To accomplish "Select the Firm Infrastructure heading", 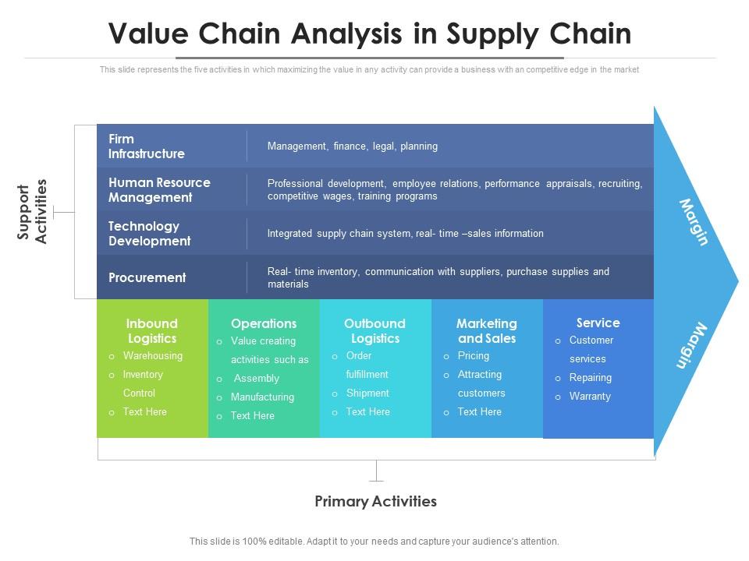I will (x=147, y=146).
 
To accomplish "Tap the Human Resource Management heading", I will (x=159, y=190).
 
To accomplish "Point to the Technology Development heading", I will (x=149, y=234).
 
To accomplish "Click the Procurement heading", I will (x=147, y=277).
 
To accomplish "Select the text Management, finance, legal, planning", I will (x=352, y=146).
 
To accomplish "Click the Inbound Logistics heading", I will (x=152, y=331).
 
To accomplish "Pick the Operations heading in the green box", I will (x=264, y=323).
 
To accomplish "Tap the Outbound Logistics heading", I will (x=374, y=331).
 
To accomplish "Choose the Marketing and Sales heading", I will (x=487, y=331).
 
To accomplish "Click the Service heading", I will (x=598, y=323).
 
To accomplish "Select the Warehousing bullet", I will (x=152, y=356).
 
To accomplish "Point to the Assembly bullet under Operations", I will (x=256, y=379).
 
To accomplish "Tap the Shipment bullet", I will (x=367, y=393).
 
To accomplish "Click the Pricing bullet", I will (x=474, y=356).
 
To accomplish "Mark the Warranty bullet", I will (x=590, y=397).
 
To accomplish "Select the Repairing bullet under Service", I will (x=590, y=378).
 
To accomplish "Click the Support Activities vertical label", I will (x=34, y=212).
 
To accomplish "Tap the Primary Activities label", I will (x=375, y=501).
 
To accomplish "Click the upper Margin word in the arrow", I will (x=694, y=222).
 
